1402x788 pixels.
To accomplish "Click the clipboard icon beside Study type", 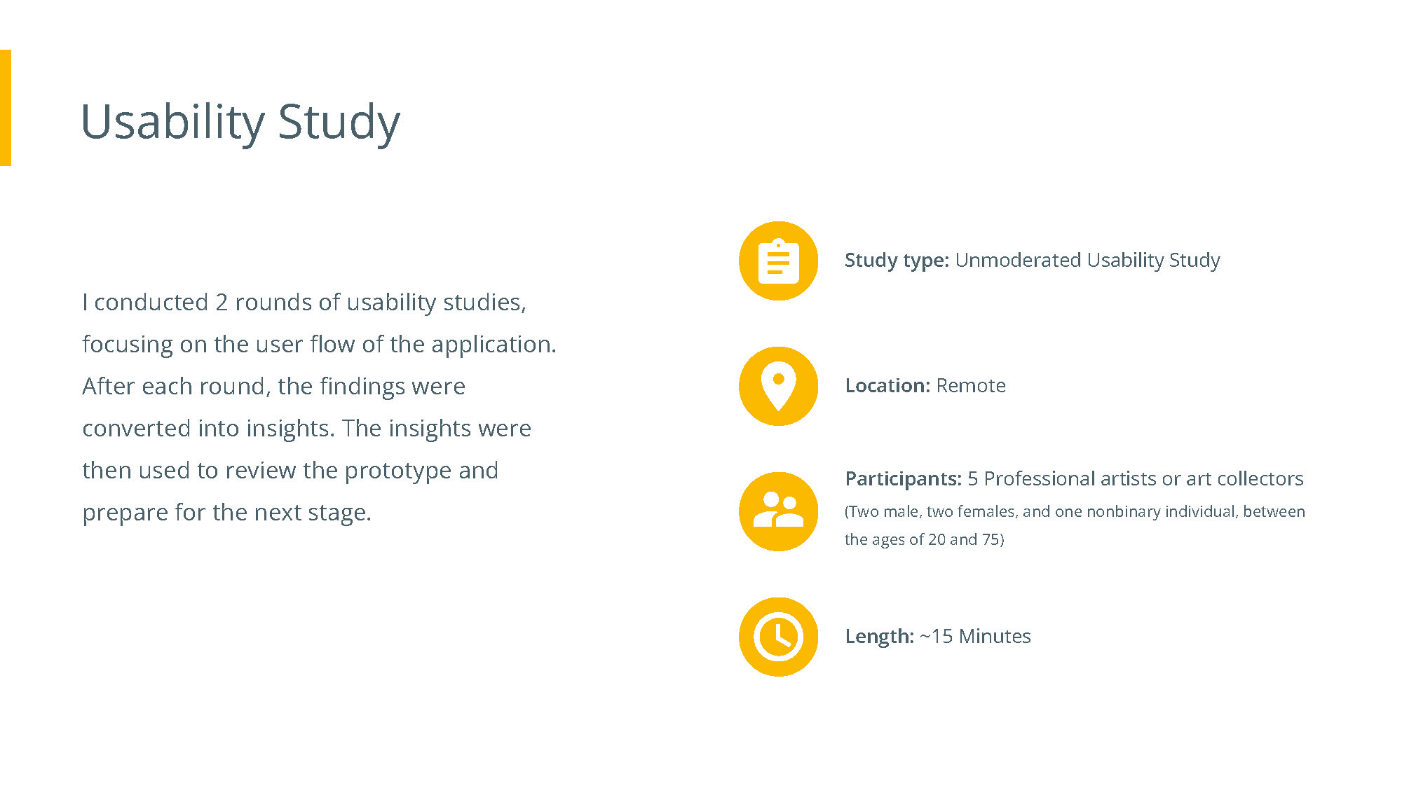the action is [778, 261].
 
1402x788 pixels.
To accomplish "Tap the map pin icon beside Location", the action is [778, 386].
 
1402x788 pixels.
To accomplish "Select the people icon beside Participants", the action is [778, 511].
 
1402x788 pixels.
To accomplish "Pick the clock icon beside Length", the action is [778, 637].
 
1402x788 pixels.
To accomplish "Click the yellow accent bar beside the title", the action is [6, 108].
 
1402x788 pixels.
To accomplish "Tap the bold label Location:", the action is [887, 385].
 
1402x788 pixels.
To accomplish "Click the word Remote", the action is [971, 385].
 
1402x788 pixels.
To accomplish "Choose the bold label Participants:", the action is [904, 479].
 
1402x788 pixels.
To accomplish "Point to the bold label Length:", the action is [880, 637].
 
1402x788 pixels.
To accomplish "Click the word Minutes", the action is [995, 636].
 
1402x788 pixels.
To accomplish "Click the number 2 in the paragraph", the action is [222, 303].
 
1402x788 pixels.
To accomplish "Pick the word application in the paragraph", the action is [494, 345].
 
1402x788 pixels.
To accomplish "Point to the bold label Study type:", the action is [897, 261].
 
